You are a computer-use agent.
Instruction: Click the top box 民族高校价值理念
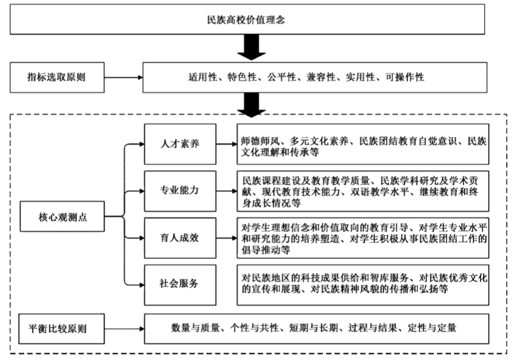coord(247,19)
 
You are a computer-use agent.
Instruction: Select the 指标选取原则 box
coord(56,77)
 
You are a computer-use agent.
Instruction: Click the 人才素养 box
coord(180,144)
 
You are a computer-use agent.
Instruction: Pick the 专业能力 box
coord(180,190)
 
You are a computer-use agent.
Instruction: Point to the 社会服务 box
coord(180,284)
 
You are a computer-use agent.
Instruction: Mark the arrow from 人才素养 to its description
coord(226,144)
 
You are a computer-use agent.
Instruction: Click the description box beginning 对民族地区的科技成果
coord(363,284)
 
